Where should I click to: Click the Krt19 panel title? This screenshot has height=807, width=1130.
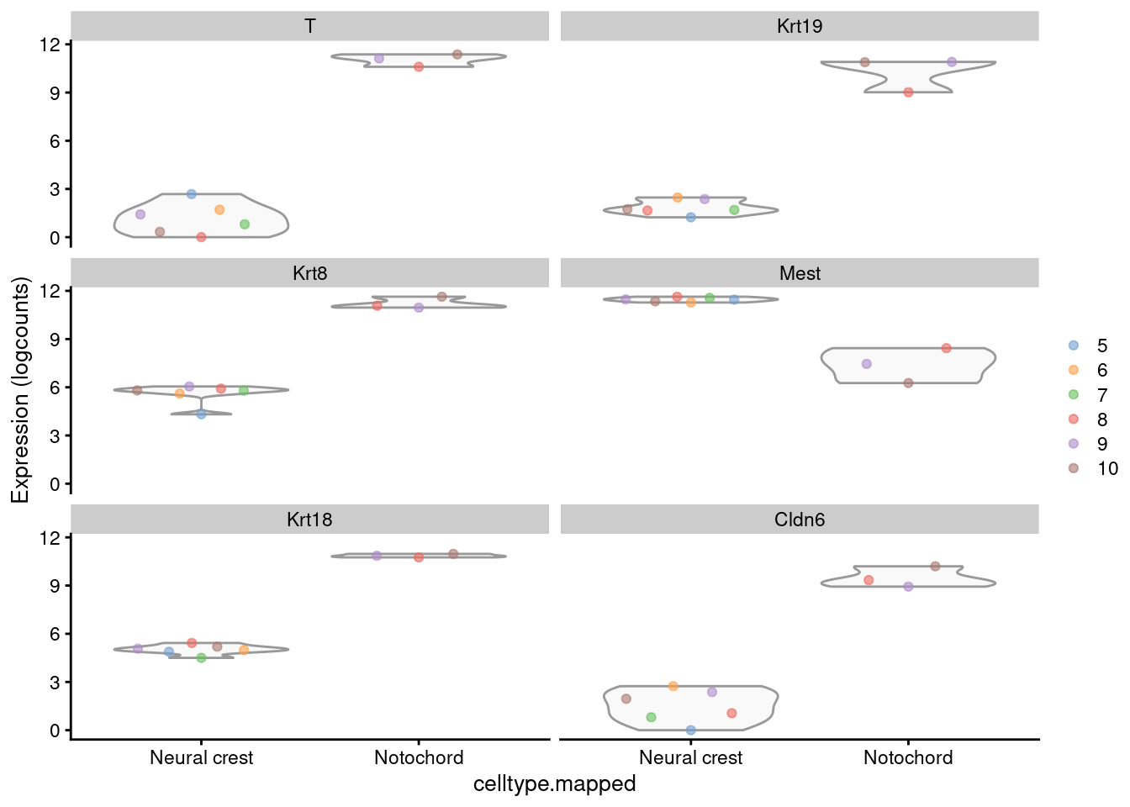point(800,26)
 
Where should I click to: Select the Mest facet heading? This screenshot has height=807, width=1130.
point(800,273)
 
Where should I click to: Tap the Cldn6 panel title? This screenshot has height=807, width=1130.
point(800,520)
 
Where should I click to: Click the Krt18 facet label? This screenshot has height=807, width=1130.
point(309,520)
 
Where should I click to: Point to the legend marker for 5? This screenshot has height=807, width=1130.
point(1074,345)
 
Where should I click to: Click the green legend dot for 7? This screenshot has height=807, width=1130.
point(1074,395)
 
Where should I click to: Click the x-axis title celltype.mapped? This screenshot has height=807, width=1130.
point(554,784)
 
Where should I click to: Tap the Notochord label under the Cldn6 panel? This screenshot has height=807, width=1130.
point(908,757)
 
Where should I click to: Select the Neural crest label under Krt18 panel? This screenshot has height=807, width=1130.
point(201,757)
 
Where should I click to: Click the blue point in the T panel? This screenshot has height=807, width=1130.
point(192,194)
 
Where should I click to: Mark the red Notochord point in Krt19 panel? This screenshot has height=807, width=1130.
point(908,92)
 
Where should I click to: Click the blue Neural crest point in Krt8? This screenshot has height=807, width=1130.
point(201,414)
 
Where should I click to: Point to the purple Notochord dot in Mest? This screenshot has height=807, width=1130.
point(867,364)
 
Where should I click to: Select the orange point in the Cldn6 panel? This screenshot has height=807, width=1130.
point(673,686)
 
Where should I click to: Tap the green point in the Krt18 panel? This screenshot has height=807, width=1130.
point(201,658)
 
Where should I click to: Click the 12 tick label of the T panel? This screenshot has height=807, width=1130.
point(50,45)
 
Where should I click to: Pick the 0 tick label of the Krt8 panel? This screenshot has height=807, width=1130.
point(55,485)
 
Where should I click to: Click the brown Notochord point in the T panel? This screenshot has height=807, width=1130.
point(457,55)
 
